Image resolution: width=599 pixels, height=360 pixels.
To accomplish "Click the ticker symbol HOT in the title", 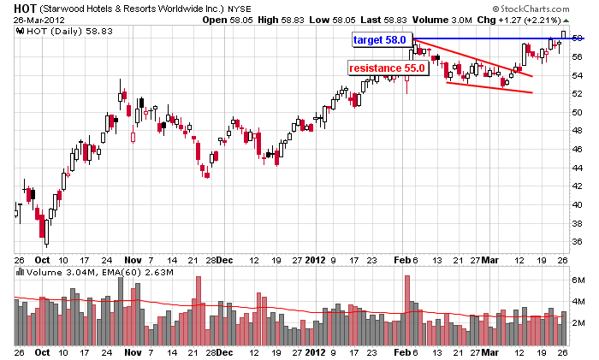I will pyautogui.click(x=24, y=7).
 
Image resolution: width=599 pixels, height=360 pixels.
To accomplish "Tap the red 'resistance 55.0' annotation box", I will pyautogui.click(x=386, y=68).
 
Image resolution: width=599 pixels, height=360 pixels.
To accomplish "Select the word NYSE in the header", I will pyautogui.click(x=238, y=7).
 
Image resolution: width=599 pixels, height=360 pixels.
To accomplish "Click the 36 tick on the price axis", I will pyautogui.click(x=579, y=242).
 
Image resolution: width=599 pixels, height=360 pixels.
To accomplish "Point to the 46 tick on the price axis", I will pyautogui.click(x=579, y=149).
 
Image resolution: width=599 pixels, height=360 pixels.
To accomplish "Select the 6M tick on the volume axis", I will pyautogui.click(x=579, y=280).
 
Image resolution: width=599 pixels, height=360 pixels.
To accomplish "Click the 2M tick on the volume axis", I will pyautogui.click(x=579, y=322).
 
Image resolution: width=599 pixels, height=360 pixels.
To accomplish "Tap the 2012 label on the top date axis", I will pyautogui.click(x=316, y=259).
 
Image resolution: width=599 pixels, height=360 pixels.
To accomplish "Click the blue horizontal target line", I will pyautogui.click(x=496, y=39).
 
